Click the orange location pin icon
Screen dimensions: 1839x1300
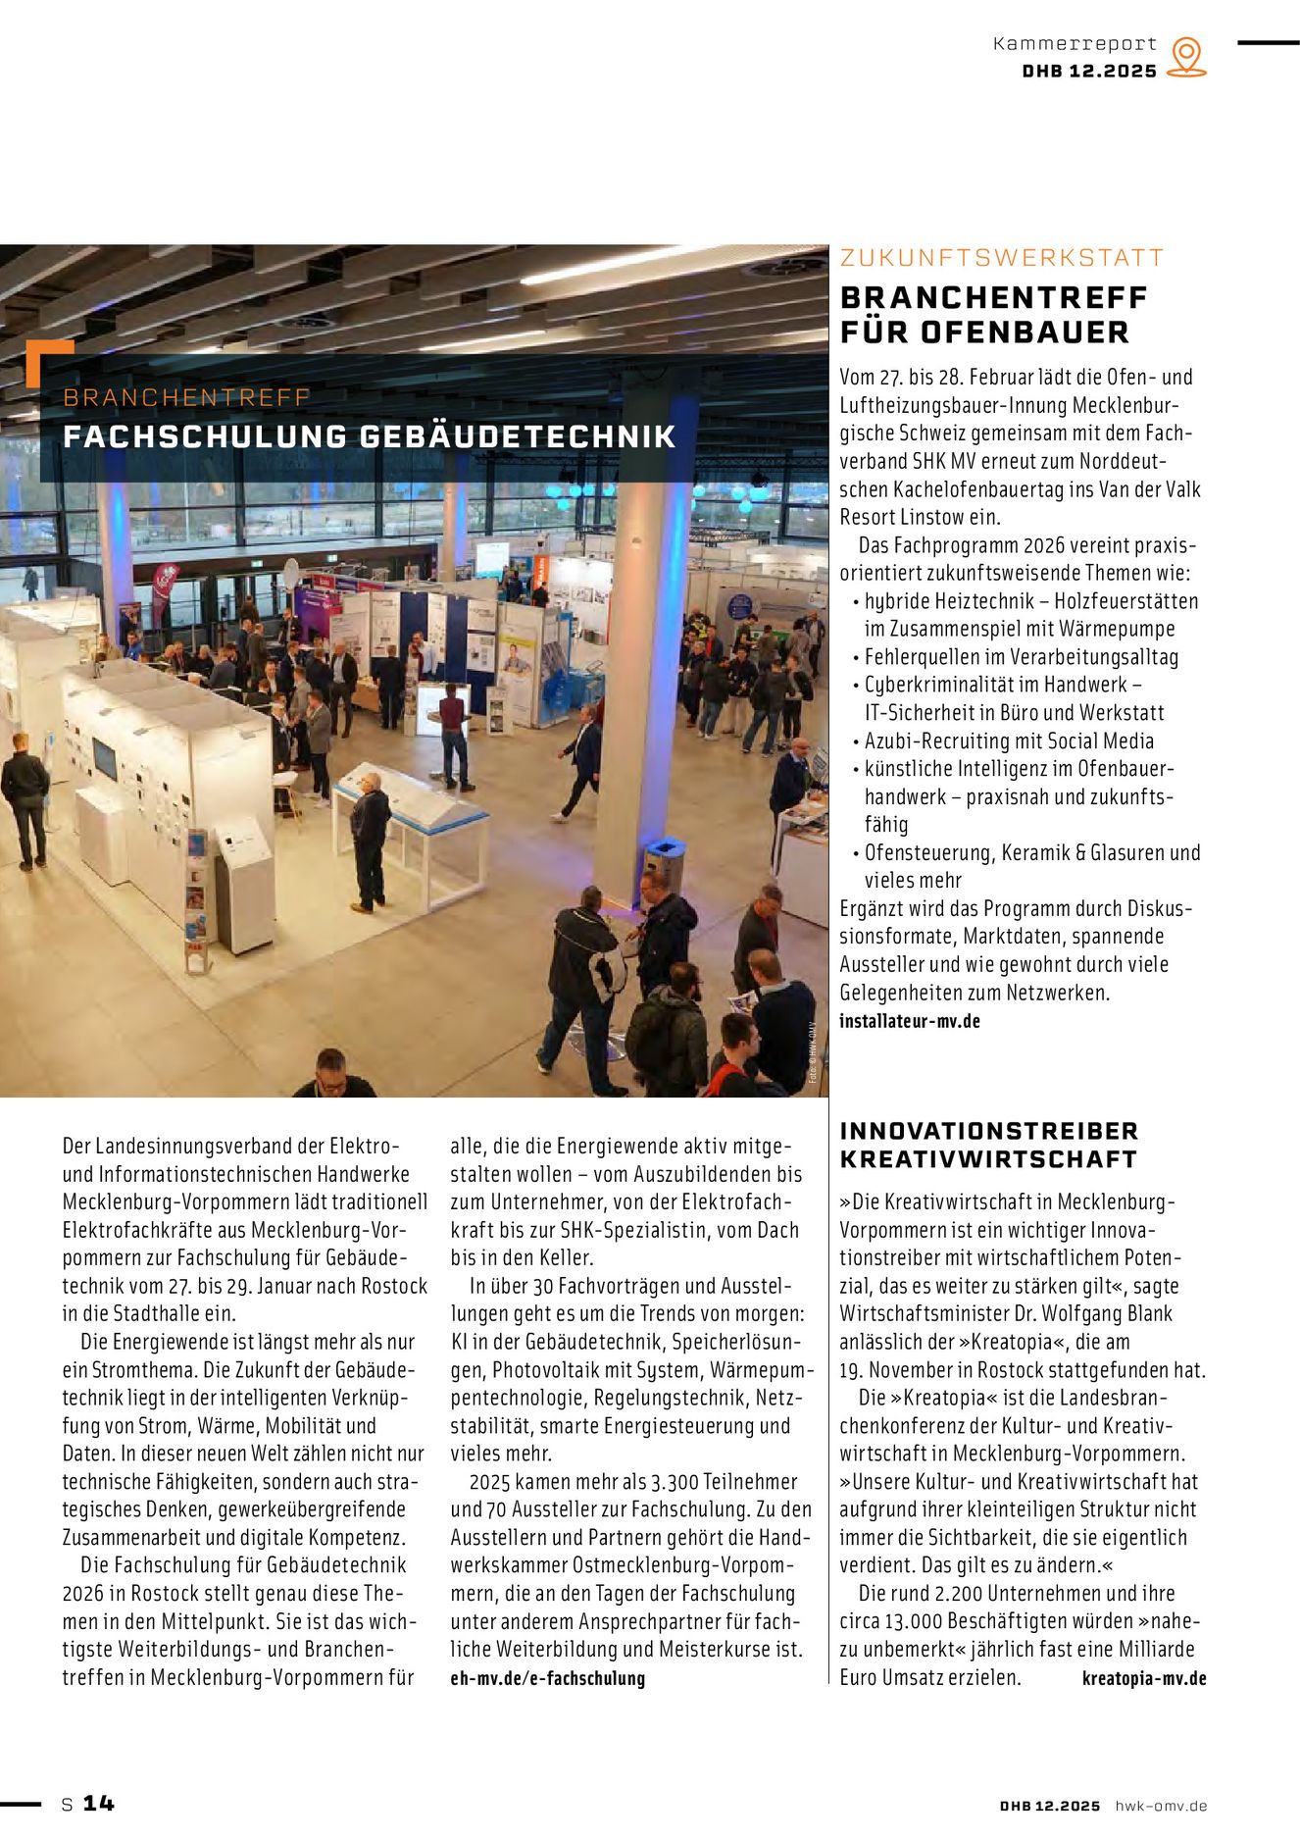[x=1186, y=57]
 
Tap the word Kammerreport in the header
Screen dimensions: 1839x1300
[x=1075, y=44]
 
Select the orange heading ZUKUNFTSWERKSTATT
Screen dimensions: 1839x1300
[x=1001, y=258]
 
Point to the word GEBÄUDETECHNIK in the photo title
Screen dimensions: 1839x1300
[x=518, y=437]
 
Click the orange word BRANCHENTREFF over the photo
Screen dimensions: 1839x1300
[x=186, y=397]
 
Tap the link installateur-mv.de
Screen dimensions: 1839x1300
[x=909, y=1021]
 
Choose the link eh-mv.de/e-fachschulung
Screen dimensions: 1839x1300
[x=547, y=1678]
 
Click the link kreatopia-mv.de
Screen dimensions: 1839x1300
[x=1143, y=1678]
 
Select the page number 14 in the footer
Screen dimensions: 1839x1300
[x=98, y=1803]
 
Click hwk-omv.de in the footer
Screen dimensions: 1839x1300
[x=1161, y=1806]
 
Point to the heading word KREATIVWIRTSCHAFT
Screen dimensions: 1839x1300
[x=987, y=1159]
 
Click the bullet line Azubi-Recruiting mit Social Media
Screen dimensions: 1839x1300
[x=1009, y=741]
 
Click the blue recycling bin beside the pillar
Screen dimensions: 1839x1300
[x=665, y=862]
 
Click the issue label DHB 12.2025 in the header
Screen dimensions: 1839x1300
[x=1089, y=72]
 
